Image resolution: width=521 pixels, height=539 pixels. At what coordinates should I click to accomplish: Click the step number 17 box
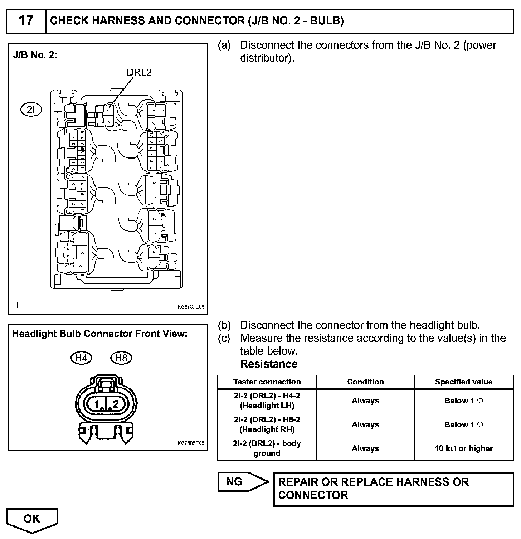26,21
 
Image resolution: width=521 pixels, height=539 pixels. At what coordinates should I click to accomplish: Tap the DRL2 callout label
139,72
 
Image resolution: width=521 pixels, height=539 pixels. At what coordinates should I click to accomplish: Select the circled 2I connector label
31,110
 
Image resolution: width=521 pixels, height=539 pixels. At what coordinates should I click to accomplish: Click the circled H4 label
81,358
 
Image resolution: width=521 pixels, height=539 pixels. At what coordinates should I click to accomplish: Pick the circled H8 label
121,358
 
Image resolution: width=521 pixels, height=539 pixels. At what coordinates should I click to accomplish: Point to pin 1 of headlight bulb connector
96,404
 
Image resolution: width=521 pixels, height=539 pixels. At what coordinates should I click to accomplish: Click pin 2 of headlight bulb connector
115,404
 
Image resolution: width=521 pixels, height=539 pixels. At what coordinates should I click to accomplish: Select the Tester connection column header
267,382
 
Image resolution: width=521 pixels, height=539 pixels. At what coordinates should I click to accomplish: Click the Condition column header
365,382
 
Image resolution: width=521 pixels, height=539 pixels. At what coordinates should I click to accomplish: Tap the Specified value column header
463,382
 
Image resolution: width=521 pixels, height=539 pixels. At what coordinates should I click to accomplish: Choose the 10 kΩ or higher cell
463,449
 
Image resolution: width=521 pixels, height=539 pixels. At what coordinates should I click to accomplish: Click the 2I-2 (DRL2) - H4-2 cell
267,401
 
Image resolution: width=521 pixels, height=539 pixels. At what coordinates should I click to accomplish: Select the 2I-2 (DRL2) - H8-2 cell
267,425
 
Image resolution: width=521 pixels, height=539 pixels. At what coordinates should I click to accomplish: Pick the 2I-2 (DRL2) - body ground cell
267,449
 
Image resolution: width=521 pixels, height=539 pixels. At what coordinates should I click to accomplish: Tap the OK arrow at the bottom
32,519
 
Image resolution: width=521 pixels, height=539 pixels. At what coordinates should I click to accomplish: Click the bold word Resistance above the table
269,364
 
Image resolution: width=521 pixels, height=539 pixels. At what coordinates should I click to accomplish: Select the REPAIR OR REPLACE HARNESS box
393,489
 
